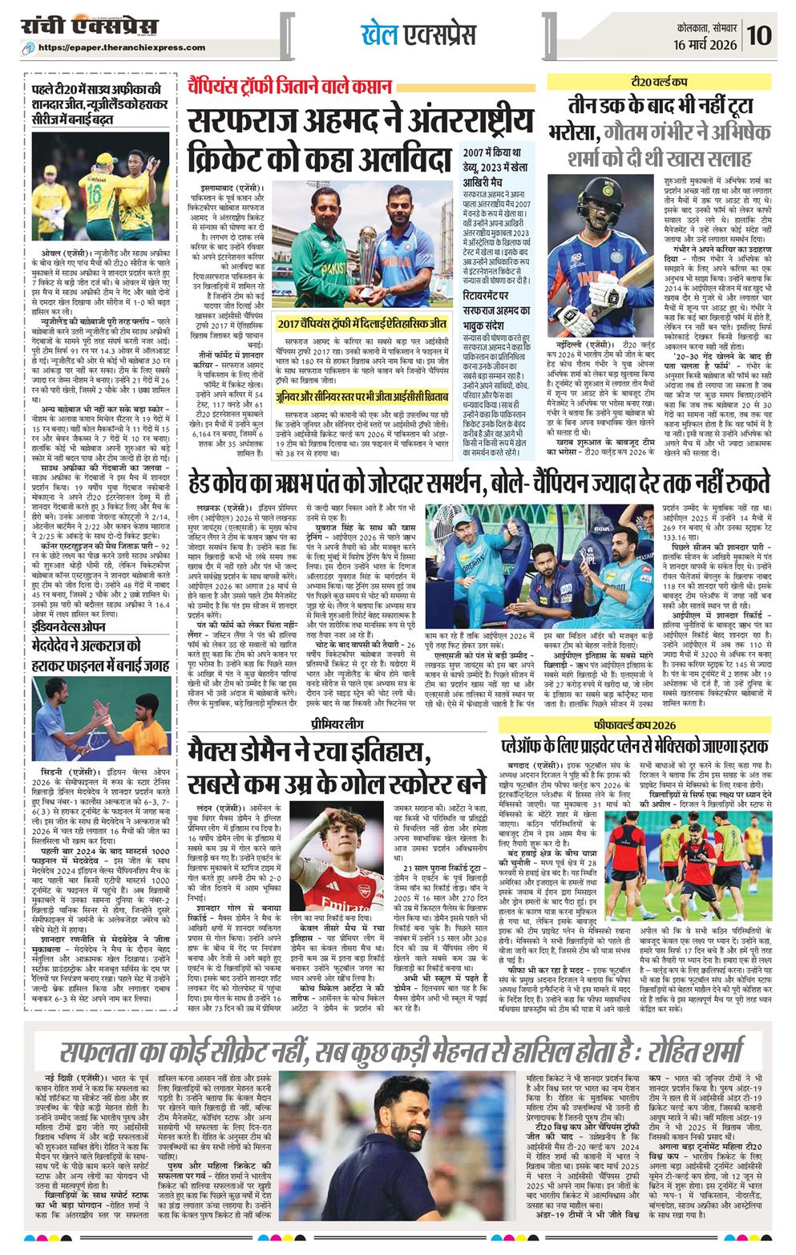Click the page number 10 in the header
coord(761,34)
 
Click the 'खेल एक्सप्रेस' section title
coord(418,34)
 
